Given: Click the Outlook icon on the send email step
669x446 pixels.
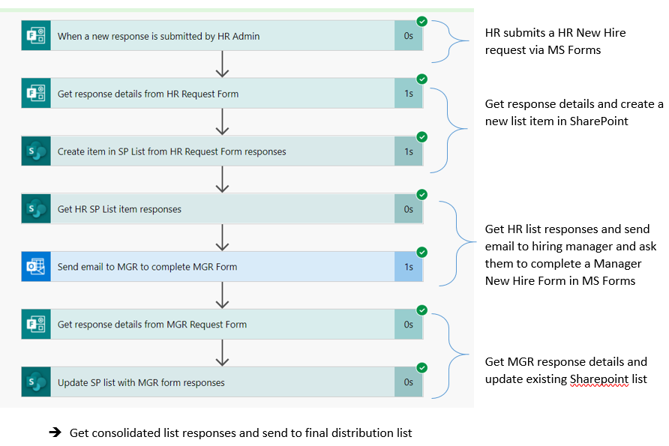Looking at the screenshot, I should pyautogui.click(x=36, y=267).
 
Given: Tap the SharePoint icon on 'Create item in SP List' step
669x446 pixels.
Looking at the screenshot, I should pyautogui.click(x=36, y=151).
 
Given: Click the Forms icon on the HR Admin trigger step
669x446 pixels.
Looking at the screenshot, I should pyautogui.click(x=36, y=36).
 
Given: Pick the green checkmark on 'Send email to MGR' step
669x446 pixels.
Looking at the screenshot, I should pyautogui.click(x=421, y=252).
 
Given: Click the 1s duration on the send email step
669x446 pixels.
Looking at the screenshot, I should pyautogui.click(x=409, y=267).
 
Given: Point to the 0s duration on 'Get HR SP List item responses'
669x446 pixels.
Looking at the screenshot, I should pyautogui.click(x=409, y=209).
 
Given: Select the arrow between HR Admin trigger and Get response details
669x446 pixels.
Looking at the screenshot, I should pyautogui.click(x=221, y=64).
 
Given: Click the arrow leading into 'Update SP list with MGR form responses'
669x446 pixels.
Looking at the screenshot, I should pyautogui.click(x=221, y=353).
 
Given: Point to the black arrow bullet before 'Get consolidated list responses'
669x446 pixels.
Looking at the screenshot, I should pyautogui.click(x=55, y=433).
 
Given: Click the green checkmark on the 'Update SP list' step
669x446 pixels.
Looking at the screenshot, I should pyautogui.click(x=421, y=367).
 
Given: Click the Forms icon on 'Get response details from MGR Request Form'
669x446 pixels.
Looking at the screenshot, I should pyautogui.click(x=36, y=325).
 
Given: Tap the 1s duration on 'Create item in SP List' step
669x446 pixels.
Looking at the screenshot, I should pyautogui.click(x=409, y=151).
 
